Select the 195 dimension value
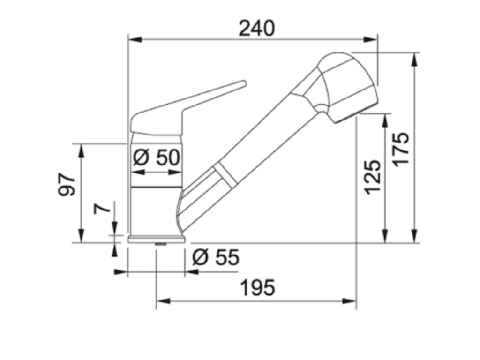click(257, 287)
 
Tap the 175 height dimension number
click(401, 149)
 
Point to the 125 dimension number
click(373, 177)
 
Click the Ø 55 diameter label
click(216, 257)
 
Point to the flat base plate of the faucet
click(157, 239)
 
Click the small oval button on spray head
click(321, 108)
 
